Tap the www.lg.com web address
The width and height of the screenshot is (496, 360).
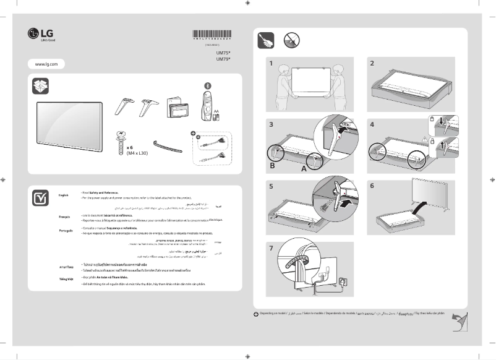tap(46, 64)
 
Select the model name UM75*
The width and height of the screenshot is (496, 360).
tap(223, 53)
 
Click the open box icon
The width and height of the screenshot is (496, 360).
tap(40, 87)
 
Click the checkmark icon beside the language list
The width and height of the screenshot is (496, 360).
tap(41, 198)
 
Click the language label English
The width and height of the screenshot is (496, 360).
tap(64, 195)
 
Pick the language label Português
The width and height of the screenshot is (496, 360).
tap(66, 230)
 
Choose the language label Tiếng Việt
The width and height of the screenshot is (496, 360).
tap(66, 280)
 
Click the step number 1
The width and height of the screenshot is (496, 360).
tap(271, 63)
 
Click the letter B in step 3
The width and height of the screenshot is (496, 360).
tap(273, 166)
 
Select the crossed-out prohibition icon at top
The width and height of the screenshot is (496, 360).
tap(292, 41)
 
